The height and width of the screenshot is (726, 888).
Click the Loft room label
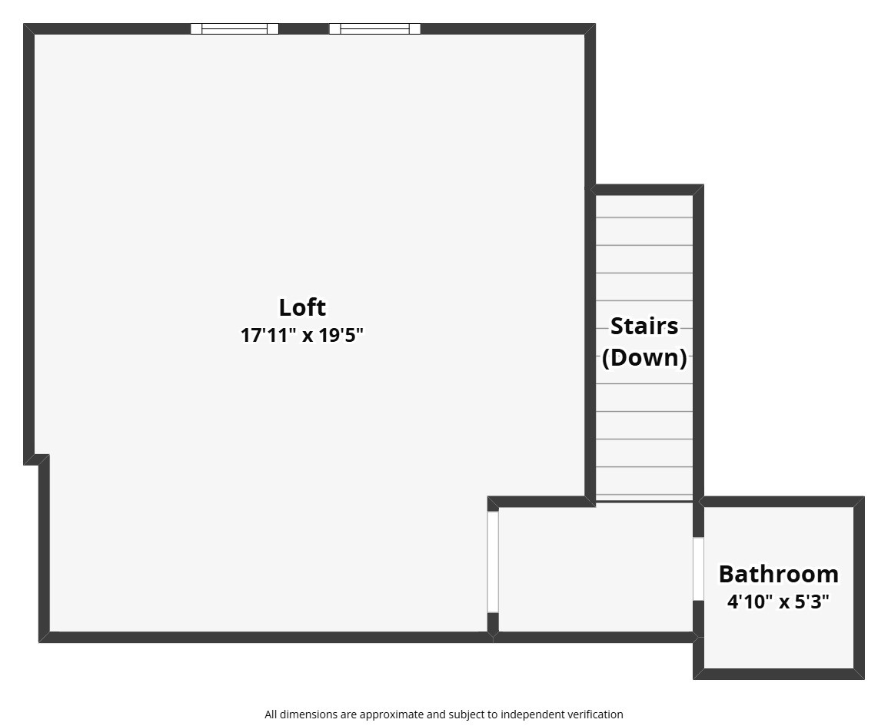[x=302, y=307]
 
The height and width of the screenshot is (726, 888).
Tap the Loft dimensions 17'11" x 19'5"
[x=302, y=336]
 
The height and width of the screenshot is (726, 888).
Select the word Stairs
[x=644, y=326]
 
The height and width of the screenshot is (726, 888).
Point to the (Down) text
[x=644, y=357]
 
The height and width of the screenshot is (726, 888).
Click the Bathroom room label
[x=778, y=574]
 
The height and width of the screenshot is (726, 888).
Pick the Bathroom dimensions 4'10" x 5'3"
[x=778, y=602]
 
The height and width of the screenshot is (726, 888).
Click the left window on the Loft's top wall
[x=234, y=29]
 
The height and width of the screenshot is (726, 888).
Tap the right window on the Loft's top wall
[x=374, y=29]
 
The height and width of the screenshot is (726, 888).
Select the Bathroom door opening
[x=698, y=569]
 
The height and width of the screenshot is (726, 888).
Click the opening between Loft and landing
[x=493, y=562]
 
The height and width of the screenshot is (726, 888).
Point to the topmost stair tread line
[x=644, y=217]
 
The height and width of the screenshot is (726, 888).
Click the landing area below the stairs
[x=596, y=569]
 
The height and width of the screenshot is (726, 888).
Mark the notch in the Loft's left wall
[x=37, y=459]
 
